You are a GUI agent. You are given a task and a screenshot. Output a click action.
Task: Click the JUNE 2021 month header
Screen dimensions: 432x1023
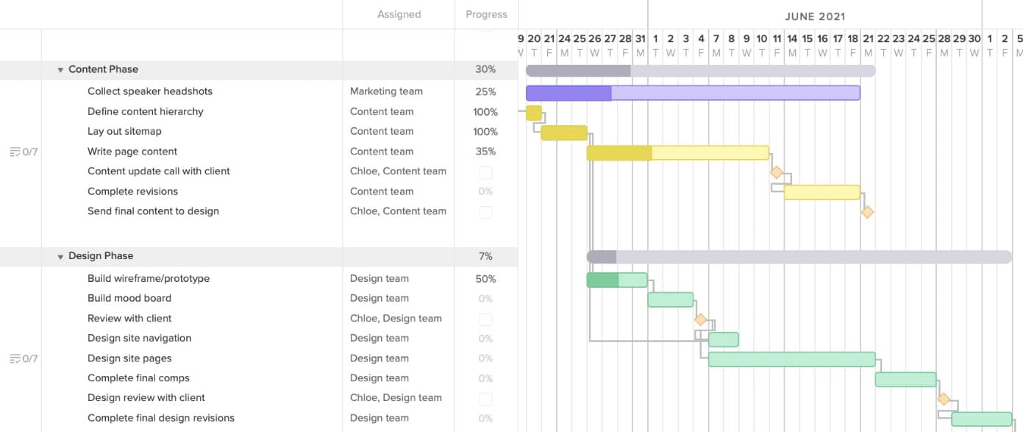pos(814,16)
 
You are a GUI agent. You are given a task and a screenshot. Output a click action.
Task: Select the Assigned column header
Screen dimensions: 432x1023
pos(399,14)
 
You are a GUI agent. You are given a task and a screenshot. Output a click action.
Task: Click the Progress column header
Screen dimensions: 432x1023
pos(486,14)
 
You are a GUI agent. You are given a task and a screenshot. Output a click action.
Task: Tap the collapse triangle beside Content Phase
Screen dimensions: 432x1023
pos(60,70)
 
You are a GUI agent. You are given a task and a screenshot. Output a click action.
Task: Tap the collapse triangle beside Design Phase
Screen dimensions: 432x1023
pos(60,257)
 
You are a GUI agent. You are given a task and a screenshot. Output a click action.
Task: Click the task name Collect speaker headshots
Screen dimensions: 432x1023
pos(149,91)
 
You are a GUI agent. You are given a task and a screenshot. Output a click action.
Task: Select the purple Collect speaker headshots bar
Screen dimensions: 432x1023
pos(692,93)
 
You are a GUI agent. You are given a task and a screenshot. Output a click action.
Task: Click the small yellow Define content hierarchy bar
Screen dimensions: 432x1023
pos(534,113)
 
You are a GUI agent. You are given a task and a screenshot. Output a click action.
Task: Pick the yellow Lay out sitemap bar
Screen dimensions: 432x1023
pos(564,132)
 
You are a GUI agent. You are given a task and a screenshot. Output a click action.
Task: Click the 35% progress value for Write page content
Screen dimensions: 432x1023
pos(485,152)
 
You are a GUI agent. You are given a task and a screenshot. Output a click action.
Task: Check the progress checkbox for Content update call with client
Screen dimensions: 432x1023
pos(485,172)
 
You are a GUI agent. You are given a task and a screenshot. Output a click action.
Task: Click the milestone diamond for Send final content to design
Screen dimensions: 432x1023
pos(867,212)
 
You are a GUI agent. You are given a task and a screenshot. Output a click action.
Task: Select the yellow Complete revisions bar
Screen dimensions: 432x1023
pos(821,192)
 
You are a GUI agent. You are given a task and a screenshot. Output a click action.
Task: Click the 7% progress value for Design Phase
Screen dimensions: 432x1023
pos(485,256)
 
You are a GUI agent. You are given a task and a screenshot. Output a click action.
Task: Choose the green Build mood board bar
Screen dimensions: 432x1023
pos(670,300)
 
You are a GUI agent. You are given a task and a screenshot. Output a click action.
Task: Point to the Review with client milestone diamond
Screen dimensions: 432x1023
pos(700,319)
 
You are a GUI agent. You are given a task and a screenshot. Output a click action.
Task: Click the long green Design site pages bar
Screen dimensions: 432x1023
pos(791,359)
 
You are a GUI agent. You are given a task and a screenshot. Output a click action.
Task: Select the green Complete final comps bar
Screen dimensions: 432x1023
pos(905,379)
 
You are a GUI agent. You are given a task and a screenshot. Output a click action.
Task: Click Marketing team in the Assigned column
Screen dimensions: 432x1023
pos(386,91)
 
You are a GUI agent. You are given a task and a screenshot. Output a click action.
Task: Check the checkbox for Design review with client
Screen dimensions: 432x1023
pos(485,399)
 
